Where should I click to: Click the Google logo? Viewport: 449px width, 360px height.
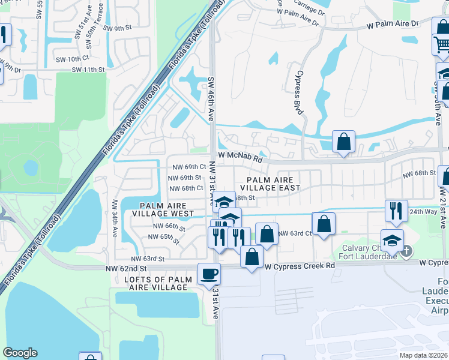(20, 353)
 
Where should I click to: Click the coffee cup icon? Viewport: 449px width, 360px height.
(209, 274)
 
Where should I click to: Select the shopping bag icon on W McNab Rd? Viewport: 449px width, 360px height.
(343, 142)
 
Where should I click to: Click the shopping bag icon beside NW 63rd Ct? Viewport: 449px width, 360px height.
(324, 223)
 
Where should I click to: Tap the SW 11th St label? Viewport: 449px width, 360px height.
(88, 70)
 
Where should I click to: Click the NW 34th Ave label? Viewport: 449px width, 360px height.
(113, 218)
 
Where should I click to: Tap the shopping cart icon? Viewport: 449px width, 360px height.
(442, 43)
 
